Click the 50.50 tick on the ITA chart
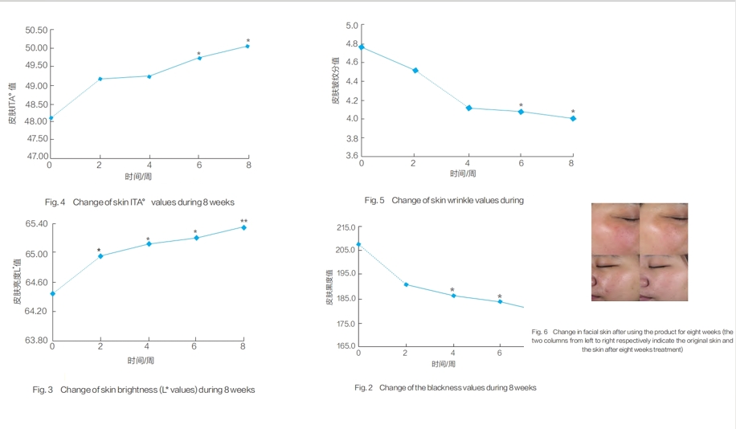click(37, 31)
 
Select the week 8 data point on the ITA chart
click(247, 47)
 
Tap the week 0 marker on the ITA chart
click(51, 118)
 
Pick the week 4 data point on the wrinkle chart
click(468, 108)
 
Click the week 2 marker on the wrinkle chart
click(415, 71)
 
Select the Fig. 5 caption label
click(374, 200)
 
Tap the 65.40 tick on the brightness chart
click(35, 224)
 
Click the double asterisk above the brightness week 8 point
click(243, 221)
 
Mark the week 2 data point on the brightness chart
click(100, 256)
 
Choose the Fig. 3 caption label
click(43, 390)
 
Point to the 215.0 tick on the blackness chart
click(344, 228)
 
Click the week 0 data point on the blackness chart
click(358, 244)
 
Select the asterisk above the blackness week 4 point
click(452, 290)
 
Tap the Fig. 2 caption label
click(364, 388)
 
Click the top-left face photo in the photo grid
click(615, 228)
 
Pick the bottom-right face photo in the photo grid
click(664, 277)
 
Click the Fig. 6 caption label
click(539, 332)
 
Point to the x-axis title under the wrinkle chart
click(463, 174)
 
